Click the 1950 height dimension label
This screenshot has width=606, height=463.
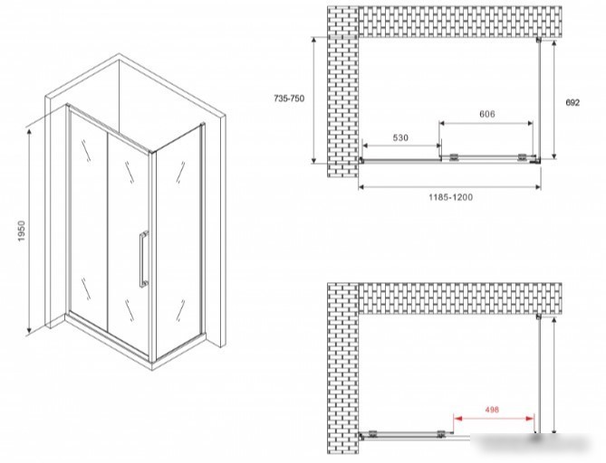pos(21,231)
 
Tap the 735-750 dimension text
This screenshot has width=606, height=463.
pos(289,99)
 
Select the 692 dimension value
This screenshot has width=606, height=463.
pos(572,102)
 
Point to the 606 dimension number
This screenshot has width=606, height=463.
pos(487,114)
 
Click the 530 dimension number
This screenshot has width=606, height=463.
pos(400,137)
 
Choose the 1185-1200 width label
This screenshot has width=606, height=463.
pos(450,197)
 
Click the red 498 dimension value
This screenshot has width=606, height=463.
pos(492,410)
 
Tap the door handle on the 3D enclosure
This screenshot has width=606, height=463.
pos(144,259)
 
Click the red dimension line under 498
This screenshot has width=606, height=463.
pos(494,419)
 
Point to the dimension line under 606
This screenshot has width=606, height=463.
pos(486,123)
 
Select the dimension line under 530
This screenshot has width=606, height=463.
pos(401,146)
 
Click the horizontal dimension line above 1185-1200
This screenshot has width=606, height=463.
pos(449,187)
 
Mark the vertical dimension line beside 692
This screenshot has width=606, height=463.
pos(554,99)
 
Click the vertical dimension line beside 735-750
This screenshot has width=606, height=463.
pos(314,100)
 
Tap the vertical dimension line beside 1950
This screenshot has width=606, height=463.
pos(29,231)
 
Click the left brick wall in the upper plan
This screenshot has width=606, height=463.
pos(343,91)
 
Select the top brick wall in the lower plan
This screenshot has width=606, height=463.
pos(460,298)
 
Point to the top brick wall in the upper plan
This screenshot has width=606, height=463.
pos(460,22)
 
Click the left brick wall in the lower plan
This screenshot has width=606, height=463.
pos(343,368)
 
